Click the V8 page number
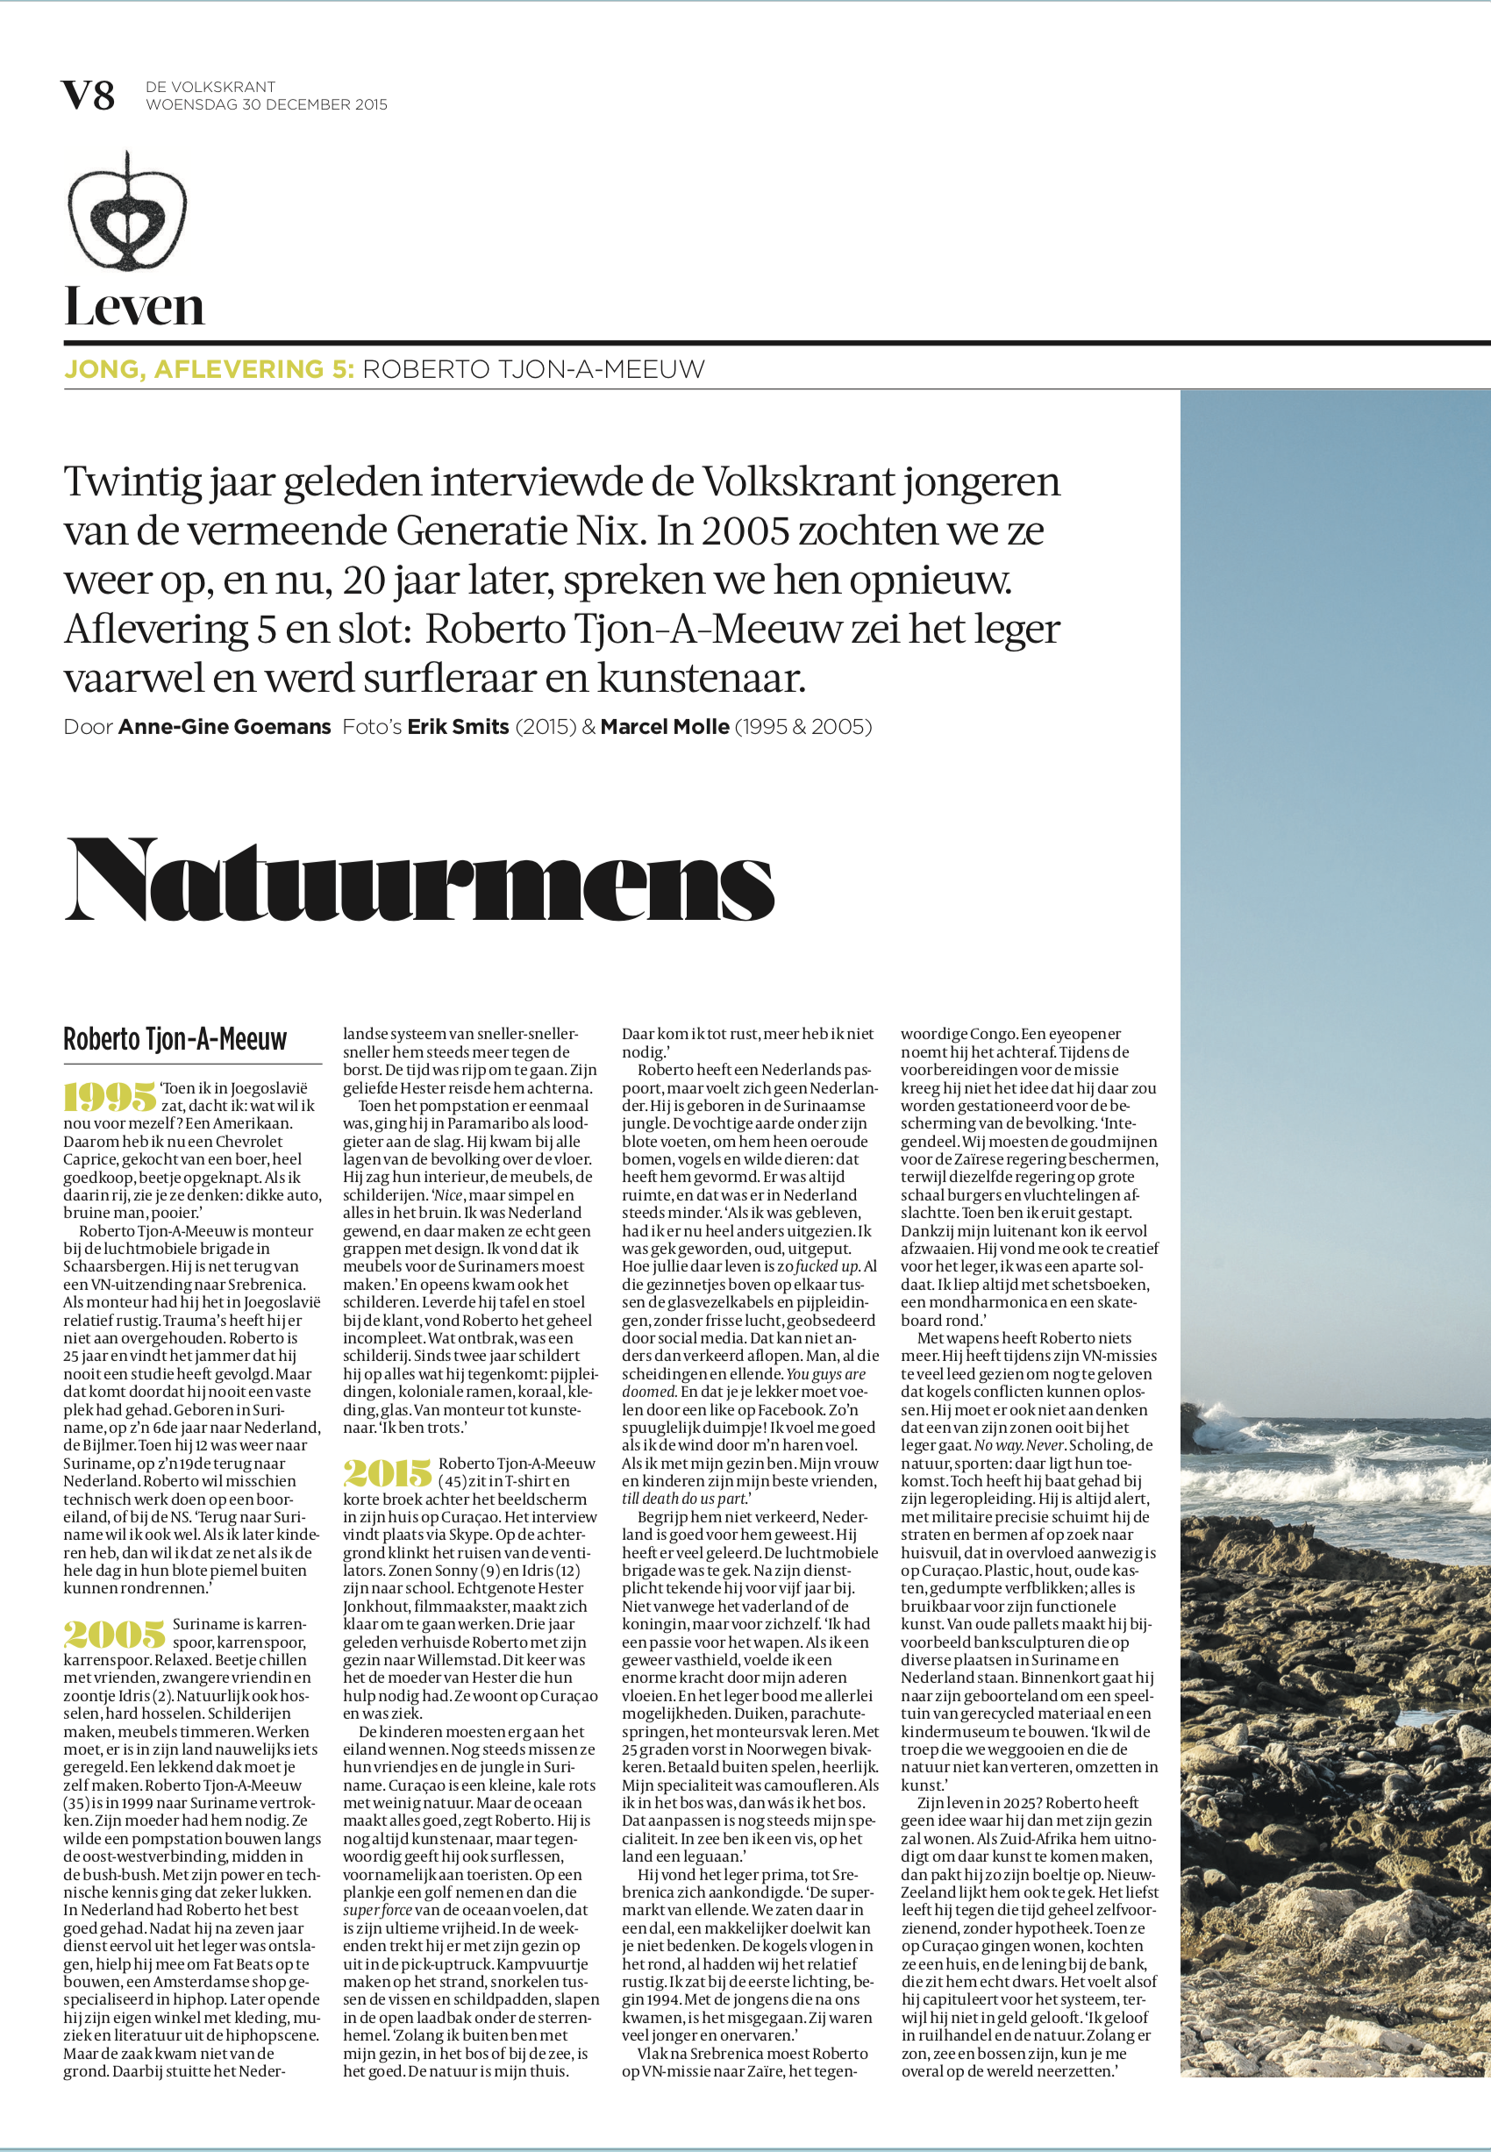(88, 96)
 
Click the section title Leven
(133, 307)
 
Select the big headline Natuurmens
(419, 880)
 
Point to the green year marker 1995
(110, 1096)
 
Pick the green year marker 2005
(115, 1634)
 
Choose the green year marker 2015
(388, 1473)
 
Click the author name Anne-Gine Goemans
(225, 727)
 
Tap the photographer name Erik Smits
(458, 727)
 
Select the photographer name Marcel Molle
(664, 727)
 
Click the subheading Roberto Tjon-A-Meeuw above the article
(175, 1039)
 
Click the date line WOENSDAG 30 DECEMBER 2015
(267, 104)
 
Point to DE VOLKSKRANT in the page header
(210, 87)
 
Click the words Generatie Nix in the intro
(519, 531)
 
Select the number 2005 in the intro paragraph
(745, 531)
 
